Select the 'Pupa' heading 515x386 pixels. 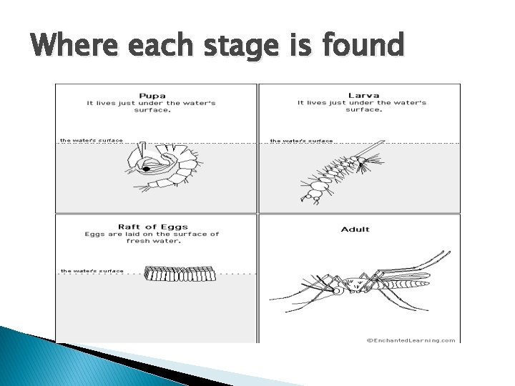[x=152, y=94]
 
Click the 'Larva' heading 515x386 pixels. [x=363, y=94]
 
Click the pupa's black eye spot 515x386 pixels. [x=146, y=169]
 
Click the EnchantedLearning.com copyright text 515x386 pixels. [x=411, y=340]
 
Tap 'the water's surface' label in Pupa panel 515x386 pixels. [x=91, y=140]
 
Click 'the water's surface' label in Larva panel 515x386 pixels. [x=301, y=140]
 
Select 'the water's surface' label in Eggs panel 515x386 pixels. [x=92, y=271]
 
